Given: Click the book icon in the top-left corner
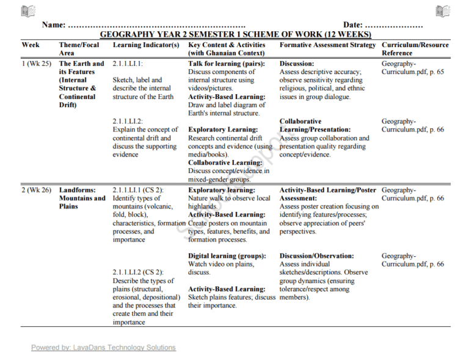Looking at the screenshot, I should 28,10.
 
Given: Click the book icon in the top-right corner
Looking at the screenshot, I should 443,10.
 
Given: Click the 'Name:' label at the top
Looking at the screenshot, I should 53,25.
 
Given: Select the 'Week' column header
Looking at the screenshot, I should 31,45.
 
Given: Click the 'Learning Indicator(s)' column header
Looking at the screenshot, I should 146,45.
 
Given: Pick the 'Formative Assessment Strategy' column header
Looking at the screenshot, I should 327,45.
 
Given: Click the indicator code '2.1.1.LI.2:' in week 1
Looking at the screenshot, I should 128,122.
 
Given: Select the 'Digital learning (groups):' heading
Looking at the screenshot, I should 227,256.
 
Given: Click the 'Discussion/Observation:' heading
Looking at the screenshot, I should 316,256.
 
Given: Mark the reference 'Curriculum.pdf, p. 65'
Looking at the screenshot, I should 413,72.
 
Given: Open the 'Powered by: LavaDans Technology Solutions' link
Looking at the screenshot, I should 103,348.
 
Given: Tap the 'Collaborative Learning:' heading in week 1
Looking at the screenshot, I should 225,163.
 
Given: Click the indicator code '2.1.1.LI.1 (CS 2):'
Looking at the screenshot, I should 138,190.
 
